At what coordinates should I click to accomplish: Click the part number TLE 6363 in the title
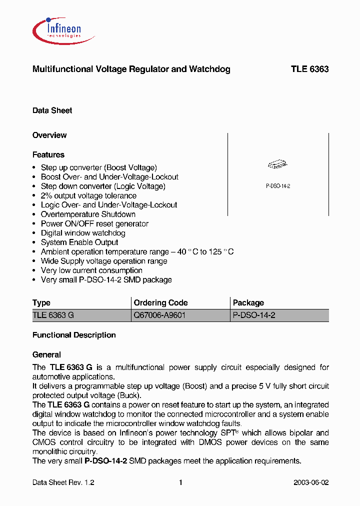(309, 69)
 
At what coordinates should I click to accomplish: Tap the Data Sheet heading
(52, 110)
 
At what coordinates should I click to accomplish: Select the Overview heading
(49, 135)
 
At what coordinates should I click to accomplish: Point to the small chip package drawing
(278, 165)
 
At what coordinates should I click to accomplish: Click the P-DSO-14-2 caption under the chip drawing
(278, 186)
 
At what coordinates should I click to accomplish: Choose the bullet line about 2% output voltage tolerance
(88, 195)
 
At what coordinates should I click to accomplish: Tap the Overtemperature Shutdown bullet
(88, 214)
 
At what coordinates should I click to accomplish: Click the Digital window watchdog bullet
(83, 233)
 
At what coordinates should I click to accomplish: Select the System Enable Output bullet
(79, 242)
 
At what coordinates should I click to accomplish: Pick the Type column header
(41, 303)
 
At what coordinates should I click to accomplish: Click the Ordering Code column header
(161, 303)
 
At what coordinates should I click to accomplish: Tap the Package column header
(248, 303)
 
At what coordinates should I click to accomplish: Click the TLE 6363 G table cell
(53, 315)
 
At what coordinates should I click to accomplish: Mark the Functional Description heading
(74, 335)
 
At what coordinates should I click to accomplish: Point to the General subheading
(46, 355)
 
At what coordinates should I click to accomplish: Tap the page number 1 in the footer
(180, 483)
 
